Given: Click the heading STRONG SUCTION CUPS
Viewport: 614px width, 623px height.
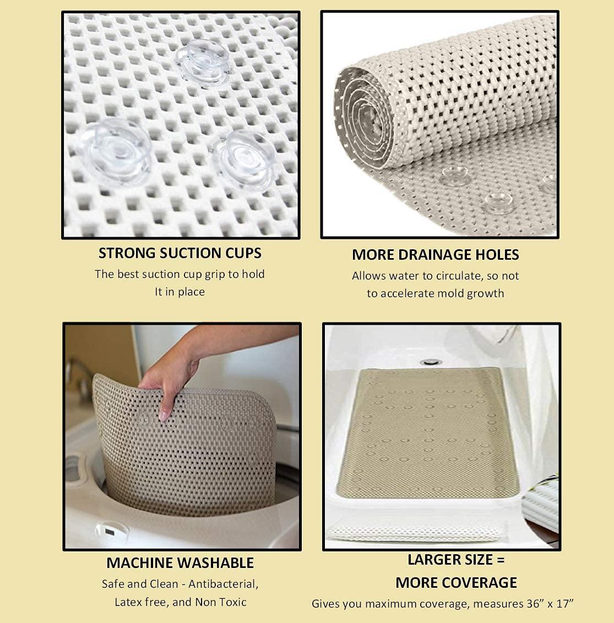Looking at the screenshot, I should (180, 253).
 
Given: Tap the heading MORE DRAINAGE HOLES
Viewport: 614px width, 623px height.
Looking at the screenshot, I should (435, 255).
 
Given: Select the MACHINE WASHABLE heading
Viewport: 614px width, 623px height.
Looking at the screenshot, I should (180, 562).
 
